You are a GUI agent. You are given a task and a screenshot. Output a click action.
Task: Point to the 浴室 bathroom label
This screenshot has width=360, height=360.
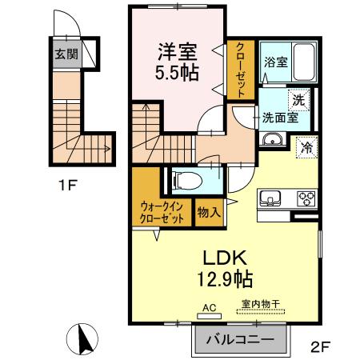pos(276,62)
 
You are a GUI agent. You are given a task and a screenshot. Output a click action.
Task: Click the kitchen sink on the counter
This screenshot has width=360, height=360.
pos(269,198)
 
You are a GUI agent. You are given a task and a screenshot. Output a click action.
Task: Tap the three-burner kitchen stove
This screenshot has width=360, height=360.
pos(306,198)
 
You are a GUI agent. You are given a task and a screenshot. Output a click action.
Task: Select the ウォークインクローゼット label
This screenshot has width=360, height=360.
pos(160,212)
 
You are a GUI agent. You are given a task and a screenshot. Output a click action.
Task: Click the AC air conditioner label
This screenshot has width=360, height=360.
pos(210,306)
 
